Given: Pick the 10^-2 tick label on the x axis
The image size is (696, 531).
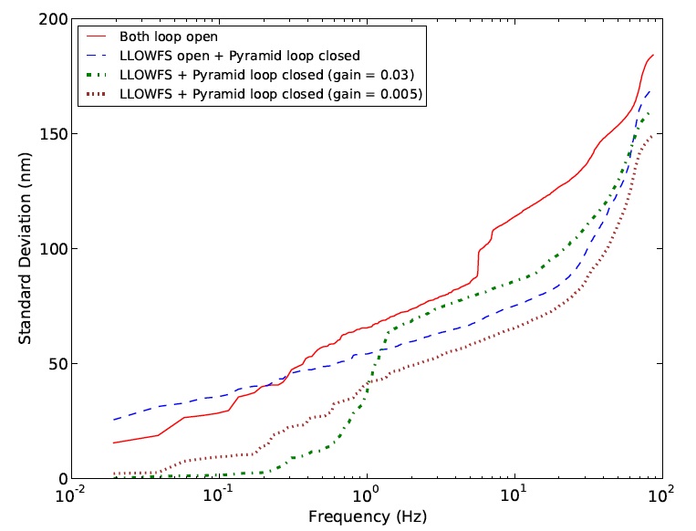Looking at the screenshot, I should coord(69,495).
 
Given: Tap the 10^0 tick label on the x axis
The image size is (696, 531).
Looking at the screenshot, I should coord(366,495).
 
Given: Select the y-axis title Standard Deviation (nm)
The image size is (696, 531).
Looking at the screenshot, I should coord(26,249).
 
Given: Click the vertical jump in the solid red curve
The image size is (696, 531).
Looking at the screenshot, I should coord(477,262).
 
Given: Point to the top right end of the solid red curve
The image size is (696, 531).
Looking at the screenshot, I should coord(653,55).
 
